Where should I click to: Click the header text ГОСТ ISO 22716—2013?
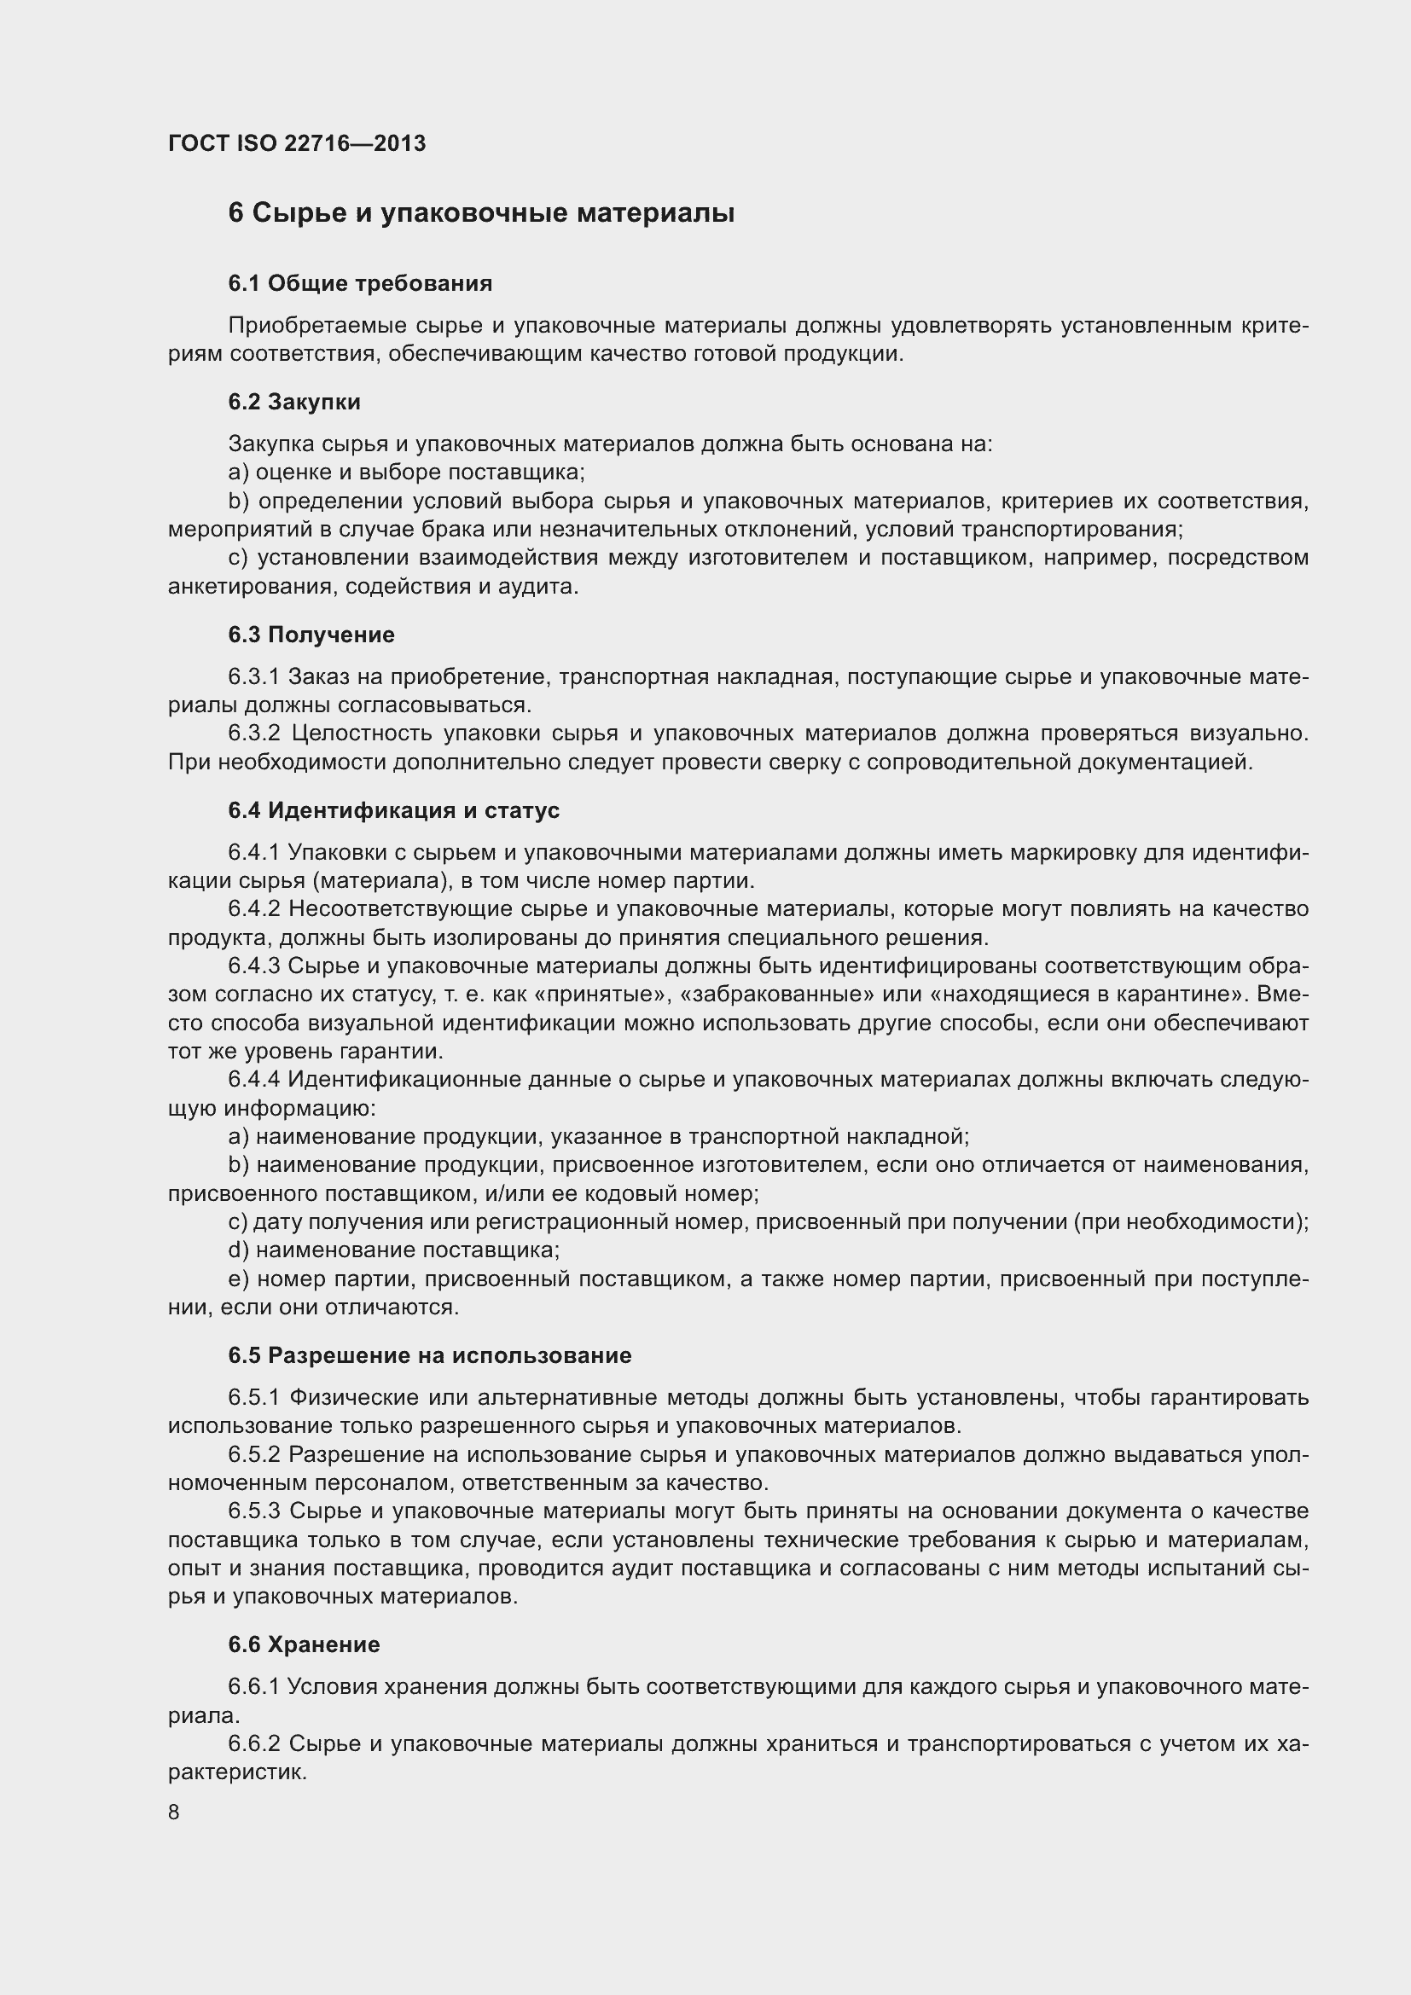pos(296,143)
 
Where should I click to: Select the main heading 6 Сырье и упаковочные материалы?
pos(480,213)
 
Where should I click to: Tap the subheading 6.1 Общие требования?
pos(360,283)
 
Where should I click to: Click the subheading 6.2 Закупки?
pos(293,402)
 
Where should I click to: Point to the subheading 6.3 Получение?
pos(311,635)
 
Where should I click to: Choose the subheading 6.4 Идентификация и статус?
pos(393,809)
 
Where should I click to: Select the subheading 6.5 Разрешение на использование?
pos(429,1355)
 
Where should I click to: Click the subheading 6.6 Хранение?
pos(304,1644)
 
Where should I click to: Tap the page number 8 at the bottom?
pos(174,1812)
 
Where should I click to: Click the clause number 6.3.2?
pos(253,734)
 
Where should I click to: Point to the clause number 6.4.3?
pos(253,966)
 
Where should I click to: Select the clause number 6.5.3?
pos(253,1511)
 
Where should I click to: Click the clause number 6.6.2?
pos(253,1744)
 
